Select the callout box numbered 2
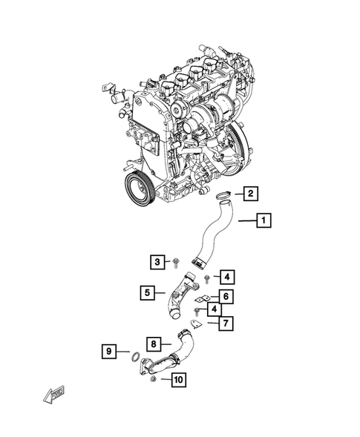point(250,194)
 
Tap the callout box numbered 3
point(157,261)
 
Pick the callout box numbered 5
point(149,292)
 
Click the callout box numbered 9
point(108,350)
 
